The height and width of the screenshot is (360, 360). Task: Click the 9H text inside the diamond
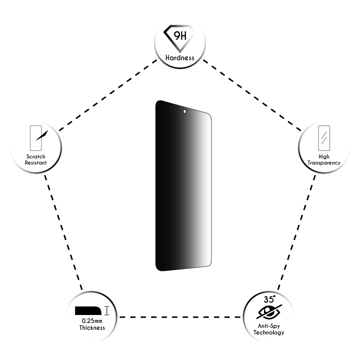pyautogui.click(x=180, y=36)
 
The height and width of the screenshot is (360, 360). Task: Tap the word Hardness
pyautogui.click(x=180, y=58)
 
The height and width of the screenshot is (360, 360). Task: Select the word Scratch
pyautogui.click(x=36, y=157)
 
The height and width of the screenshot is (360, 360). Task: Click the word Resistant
pyautogui.click(x=36, y=163)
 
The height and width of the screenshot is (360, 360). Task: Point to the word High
pyautogui.click(x=324, y=157)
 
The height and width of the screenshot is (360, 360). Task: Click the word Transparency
pyautogui.click(x=324, y=163)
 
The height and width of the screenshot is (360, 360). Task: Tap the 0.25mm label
pyautogui.click(x=92, y=321)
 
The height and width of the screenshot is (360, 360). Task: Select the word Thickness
pyautogui.click(x=92, y=328)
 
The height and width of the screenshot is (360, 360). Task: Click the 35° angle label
pyautogui.click(x=270, y=300)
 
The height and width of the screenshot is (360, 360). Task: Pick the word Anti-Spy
pyautogui.click(x=269, y=326)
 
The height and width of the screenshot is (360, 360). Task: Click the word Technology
pyautogui.click(x=269, y=332)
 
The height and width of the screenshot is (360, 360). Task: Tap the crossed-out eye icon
pyautogui.click(x=269, y=312)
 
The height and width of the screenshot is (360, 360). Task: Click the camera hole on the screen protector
pyautogui.click(x=185, y=112)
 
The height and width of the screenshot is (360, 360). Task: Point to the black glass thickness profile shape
pyautogui.click(x=88, y=311)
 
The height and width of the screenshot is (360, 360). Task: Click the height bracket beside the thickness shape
pyautogui.click(x=107, y=311)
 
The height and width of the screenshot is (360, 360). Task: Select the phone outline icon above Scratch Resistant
pyautogui.click(x=36, y=138)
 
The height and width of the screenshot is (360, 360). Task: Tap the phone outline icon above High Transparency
pyautogui.click(x=324, y=138)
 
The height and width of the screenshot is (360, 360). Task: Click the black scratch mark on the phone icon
pyautogui.click(x=41, y=135)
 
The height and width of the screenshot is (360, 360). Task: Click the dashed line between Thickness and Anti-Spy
pyautogui.click(x=180, y=317)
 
